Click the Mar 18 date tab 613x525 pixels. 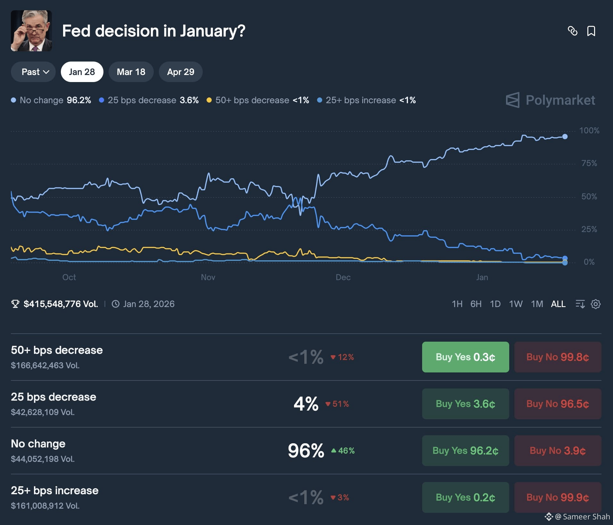pos(131,72)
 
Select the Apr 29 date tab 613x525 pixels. pos(181,72)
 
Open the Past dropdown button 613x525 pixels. pos(33,72)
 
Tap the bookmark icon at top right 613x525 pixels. pos(591,31)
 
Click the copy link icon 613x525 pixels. pos(572,31)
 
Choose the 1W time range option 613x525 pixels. pos(516,304)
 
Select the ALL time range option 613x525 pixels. pos(558,304)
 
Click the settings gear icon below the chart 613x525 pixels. pos(595,304)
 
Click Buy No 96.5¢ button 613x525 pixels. pos(558,404)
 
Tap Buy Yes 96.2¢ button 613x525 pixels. pos(465,451)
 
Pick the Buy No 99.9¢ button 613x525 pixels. pos(558,497)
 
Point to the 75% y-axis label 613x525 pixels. pos(589,163)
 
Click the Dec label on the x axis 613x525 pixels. pos(343,277)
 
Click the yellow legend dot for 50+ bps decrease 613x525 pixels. pos(209,100)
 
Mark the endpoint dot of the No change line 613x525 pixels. pos(565,137)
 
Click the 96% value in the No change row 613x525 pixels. pos(306,451)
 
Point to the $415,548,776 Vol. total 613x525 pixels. pos(61,304)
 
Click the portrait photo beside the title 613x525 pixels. pos(31,31)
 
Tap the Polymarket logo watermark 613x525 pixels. pos(550,100)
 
